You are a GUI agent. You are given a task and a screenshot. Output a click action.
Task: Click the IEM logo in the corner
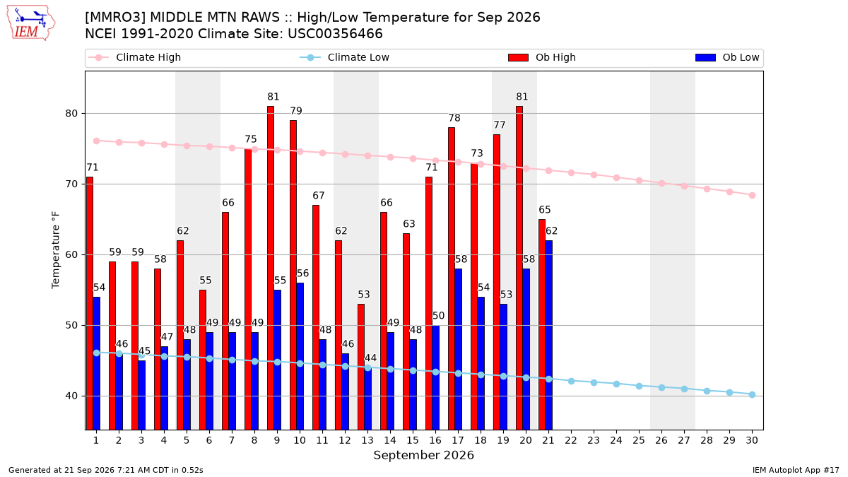click(x=31, y=23)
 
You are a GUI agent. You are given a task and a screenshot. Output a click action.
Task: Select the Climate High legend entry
click(x=134, y=57)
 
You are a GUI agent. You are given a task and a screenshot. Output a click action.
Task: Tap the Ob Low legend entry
click(x=727, y=57)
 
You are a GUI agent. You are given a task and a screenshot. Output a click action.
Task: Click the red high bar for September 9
click(x=271, y=268)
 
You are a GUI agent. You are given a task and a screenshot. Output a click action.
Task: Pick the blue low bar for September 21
click(x=549, y=335)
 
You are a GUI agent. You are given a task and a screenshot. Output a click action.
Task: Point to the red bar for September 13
click(x=361, y=367)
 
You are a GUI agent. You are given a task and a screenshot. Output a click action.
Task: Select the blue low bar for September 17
click(x=459, y=349)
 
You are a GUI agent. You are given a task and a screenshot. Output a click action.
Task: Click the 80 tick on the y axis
click(x=71, y=114)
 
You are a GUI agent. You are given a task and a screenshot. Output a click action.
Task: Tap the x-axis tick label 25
click(x=639, y=440)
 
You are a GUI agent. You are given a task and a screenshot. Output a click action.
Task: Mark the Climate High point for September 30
click(x=752, y=195)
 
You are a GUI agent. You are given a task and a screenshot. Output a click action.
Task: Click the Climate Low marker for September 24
click(x=617, y=384)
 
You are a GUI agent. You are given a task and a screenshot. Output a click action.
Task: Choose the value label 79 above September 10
click(x=296, y=111)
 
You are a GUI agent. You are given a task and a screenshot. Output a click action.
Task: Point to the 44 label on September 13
click(x=370, y=358)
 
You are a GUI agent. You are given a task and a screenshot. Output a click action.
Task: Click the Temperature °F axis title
click(x=56, y=250)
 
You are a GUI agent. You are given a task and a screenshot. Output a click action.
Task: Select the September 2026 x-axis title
click(x=423, y=455)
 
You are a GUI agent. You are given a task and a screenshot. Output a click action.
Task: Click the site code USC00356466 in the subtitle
click(x=335, y=34)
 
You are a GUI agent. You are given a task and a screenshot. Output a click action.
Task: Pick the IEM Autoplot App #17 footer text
click(x=796, y=470)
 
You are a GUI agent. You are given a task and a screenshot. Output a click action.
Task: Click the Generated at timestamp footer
click(x=105, y=470)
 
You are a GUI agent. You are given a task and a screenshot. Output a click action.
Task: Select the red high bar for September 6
click(x=203, y=360)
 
